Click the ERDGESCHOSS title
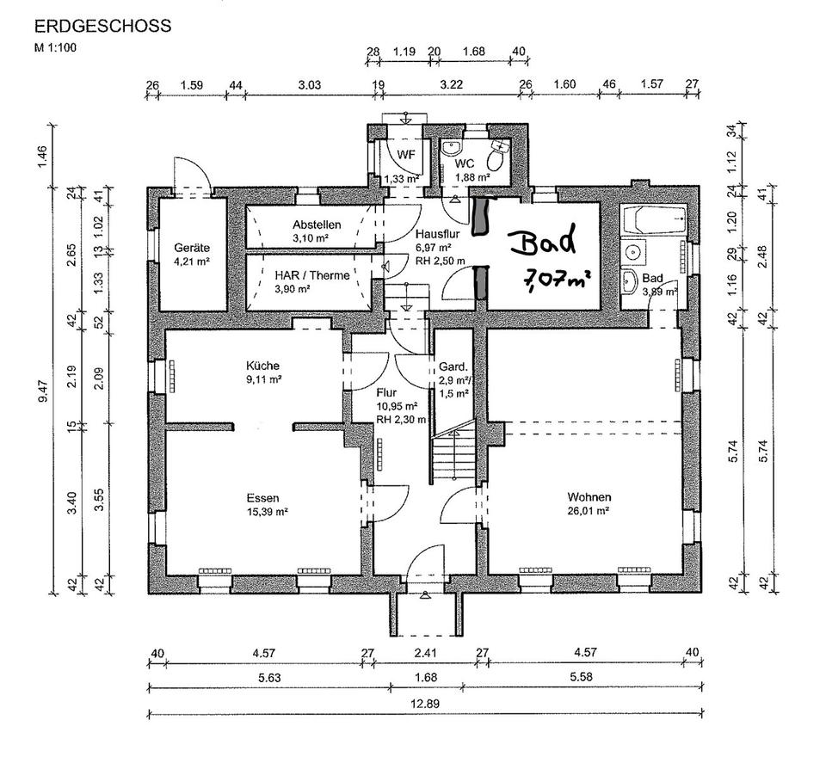tap(102, 26)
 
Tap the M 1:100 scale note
tap(55, 48)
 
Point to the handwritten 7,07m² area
tap(556, 279)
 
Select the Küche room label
tap(262, 366)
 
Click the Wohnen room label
tap(589, 496)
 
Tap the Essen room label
tap(263, 498)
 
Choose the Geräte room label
tap(192, 248)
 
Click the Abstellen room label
tap(317, 225)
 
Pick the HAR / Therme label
tap(311, 275)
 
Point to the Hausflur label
tap(438, 233)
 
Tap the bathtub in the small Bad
tap(654, 220)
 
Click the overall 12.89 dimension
tap(425, 704)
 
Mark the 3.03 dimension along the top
tap(309, 85)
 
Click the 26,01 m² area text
tap(589, 510)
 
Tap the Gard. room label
tap(453, 366)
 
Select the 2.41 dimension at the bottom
tap(426, 653)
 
